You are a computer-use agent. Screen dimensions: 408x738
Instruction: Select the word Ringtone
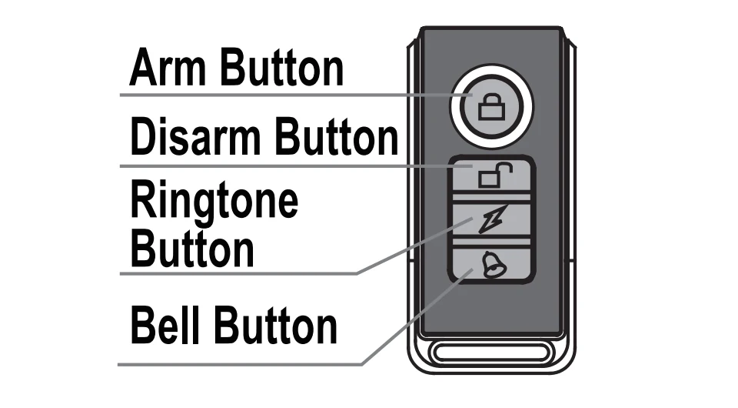pos(214,202)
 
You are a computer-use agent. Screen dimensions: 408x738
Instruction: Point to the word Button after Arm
pos(281,68)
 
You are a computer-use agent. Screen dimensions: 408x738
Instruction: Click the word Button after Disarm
pos(337,138)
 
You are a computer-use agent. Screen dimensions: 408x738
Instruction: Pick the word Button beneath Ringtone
pos(192,249)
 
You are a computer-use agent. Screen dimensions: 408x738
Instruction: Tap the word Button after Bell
pos(275,326)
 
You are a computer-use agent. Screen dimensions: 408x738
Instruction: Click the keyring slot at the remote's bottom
pos(490,356)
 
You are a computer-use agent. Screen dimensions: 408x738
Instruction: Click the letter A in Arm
pos(143,68)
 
